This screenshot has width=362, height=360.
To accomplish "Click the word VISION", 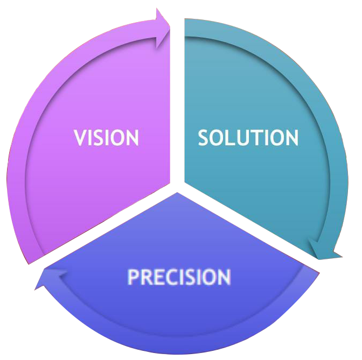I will (x=107, y=138).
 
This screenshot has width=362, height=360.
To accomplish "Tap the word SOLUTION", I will (x=248, y=138).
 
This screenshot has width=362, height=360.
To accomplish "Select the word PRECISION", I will (x=179, y=277).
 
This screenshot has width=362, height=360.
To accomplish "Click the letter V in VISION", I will (x=80, y=138).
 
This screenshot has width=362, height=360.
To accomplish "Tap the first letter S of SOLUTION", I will (x=204, y=138).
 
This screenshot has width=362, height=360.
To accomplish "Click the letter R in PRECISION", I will (x=145, y=277).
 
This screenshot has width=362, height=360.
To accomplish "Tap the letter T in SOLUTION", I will (x=257, y=138).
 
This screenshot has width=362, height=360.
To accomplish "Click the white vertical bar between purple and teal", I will (x=177, y=102).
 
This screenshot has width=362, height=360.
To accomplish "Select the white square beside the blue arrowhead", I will (x=20, y=309).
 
